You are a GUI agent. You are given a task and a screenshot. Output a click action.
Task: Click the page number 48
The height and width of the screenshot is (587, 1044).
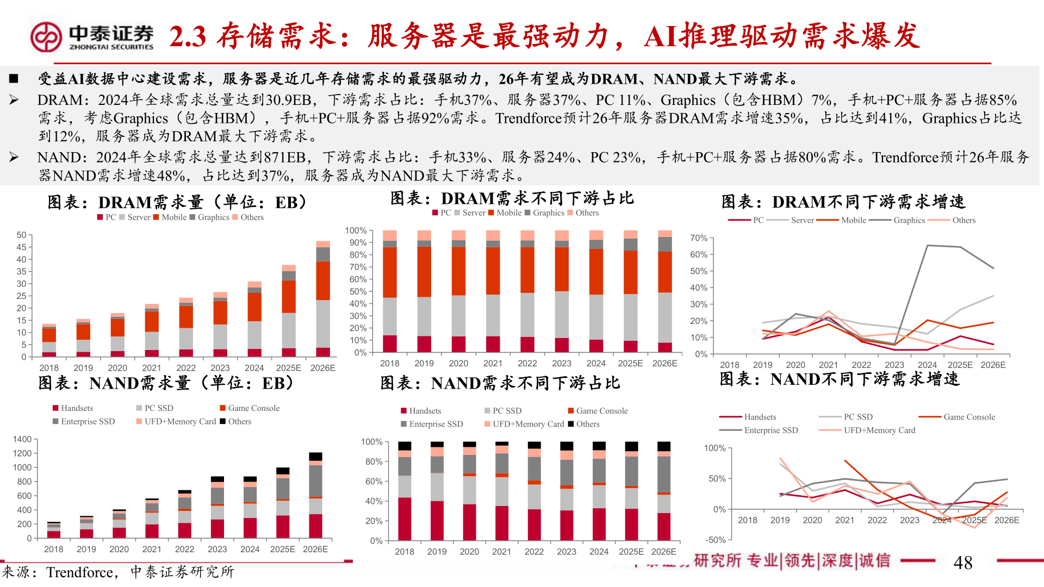pos(962,563)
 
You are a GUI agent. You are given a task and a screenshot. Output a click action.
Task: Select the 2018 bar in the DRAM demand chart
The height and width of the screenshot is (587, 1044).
pos(49,341)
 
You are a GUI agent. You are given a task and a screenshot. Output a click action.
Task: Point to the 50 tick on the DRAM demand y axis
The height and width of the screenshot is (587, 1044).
pos(21,235)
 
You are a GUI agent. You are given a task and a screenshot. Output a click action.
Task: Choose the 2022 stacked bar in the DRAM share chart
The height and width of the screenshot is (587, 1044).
pos(527,291)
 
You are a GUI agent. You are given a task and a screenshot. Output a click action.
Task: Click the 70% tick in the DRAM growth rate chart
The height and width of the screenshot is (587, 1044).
pos(698,238)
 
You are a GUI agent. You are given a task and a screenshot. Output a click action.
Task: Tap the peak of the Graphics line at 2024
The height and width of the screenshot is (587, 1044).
pos(928,246)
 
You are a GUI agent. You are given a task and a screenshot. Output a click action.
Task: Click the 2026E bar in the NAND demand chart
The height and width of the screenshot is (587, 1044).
pos(315,496)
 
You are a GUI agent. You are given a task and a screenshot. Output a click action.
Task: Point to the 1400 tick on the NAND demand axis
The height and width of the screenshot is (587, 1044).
pos(22,439)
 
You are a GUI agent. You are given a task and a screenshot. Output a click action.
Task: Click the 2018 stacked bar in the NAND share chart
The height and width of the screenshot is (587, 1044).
pos(405,491)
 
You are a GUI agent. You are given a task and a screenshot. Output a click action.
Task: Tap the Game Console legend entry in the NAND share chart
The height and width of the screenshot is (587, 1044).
pos(598,411)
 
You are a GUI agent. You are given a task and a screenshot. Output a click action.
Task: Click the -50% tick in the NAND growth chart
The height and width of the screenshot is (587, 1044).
pos(715,540)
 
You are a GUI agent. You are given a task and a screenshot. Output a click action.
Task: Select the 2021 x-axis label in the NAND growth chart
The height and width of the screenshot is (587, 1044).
pos(844,520)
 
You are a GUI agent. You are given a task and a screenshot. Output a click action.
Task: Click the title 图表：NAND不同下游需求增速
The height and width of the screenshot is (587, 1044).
pos(840,379)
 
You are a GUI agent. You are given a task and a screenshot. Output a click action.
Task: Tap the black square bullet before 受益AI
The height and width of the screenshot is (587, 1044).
pos(14,79)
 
